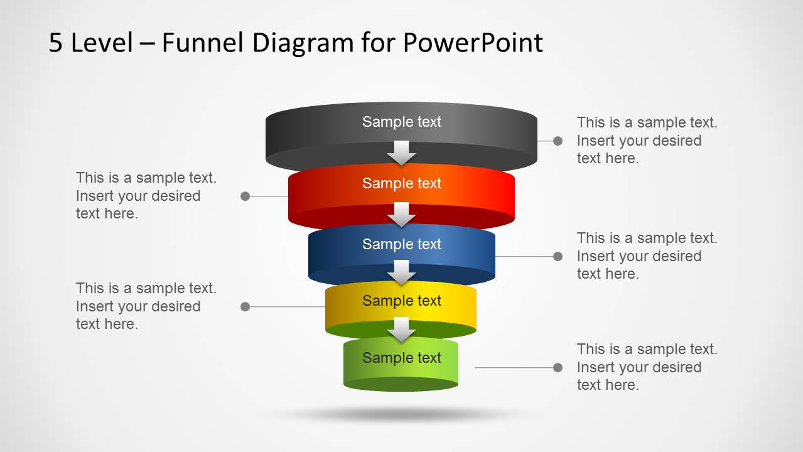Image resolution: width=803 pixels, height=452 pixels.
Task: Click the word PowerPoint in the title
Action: [x=472, y=43]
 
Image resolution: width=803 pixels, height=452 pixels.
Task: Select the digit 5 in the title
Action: [x=56, y=43]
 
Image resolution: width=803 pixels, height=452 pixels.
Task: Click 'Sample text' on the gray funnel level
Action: [x=402, y=122]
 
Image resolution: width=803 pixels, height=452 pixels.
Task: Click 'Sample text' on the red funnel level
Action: [x=402, y=183]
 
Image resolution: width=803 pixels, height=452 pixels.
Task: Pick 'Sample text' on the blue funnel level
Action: [x=402, y=244]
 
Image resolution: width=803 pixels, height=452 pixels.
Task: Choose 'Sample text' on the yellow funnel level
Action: [x=402, y=301]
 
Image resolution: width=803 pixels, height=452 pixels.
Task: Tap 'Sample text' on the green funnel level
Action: [x=402, y=358]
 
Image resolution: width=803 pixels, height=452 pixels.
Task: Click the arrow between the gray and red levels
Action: [x=402, y=153]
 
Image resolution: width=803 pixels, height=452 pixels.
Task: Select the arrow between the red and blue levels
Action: [x=402, y=214]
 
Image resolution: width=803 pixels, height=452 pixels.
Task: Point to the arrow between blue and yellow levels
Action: [x=402, y=272]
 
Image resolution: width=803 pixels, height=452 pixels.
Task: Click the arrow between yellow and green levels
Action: [x=402, y=329]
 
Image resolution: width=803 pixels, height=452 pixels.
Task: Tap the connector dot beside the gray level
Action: [x=558, y=141]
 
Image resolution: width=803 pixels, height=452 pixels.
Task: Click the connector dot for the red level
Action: [x=245, y=196]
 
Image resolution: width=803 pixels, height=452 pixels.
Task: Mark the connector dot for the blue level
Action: [x=558, y=256]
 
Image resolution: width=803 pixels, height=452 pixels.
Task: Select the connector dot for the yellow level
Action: [x=245, y=307]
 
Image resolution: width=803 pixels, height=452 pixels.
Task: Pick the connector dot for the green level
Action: [x=558, y=367]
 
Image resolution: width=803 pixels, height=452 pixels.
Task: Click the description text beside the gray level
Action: [x=647, y=141]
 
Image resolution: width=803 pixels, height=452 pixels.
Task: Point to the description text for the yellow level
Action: [x=146, y=306]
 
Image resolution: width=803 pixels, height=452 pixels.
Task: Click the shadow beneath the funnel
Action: [x=402, y=414]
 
